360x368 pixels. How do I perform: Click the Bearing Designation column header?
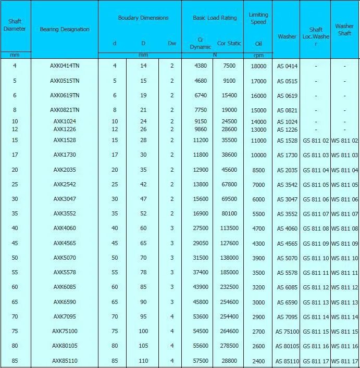[x=65, y=29]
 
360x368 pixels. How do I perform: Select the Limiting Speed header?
[x=258, y=18]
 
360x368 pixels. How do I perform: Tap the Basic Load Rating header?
[x=215, y=18]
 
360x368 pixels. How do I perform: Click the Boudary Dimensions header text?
[x=143, y=18]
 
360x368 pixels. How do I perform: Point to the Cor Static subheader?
[x=229, y=44]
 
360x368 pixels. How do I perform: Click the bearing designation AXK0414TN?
[x=65, y=66]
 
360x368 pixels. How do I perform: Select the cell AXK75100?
[x=65, y=331]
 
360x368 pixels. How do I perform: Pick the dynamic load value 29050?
[x=201, y=243]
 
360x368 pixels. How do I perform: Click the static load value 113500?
[x=229, y=229]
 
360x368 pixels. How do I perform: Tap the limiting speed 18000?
[x=258, y=67]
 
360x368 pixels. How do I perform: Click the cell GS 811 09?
[x=316, y=244]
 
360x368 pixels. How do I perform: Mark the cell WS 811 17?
[x=345, y=361]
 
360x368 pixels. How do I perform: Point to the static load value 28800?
[x=229, y=361]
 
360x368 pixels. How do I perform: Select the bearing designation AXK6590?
[x=65, y=302]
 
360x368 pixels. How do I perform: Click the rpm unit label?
[x=258, y=55]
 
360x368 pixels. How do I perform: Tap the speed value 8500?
[x=258, y=170]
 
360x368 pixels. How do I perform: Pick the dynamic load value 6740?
[x=201, y=96]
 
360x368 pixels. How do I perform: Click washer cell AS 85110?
[x=287, y=361]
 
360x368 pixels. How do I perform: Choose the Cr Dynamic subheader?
[x=201, y=43]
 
